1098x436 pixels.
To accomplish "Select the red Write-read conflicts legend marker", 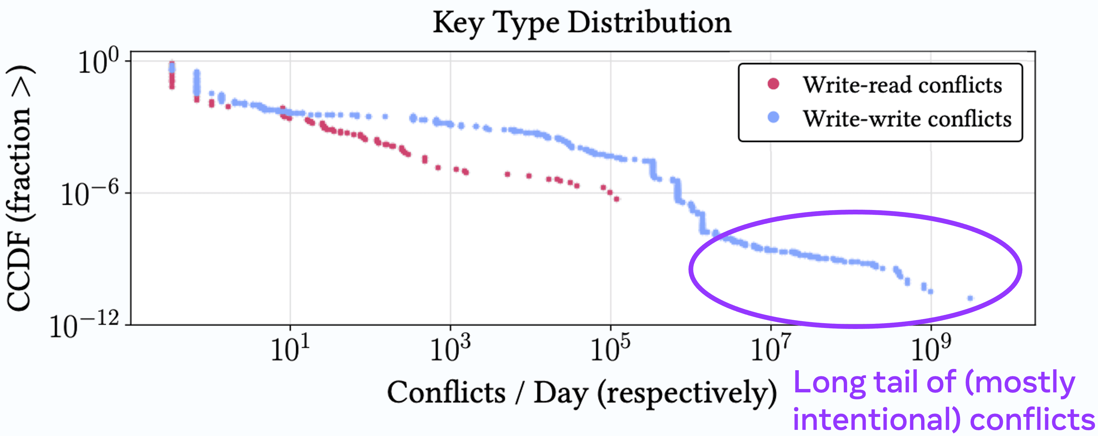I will [x=773, y=84].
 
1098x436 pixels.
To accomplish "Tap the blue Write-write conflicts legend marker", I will [x=773, y=117].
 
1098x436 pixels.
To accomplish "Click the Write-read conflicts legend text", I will [x=902, y=85].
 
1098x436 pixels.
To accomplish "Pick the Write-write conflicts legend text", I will [x=907, y=119].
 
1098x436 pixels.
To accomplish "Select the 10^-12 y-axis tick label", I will [x=84, y=327].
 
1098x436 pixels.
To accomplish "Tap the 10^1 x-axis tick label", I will [x=290, y=349].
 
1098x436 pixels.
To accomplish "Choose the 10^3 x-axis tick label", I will [x=450, y=349].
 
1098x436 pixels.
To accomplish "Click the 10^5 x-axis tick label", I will [x=610, y=349].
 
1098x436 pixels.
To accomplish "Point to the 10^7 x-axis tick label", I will [x=770, y=349].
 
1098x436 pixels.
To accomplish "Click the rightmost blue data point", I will [x=970, y=298].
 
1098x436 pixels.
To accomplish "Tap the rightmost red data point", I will [x=617, y=199].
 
